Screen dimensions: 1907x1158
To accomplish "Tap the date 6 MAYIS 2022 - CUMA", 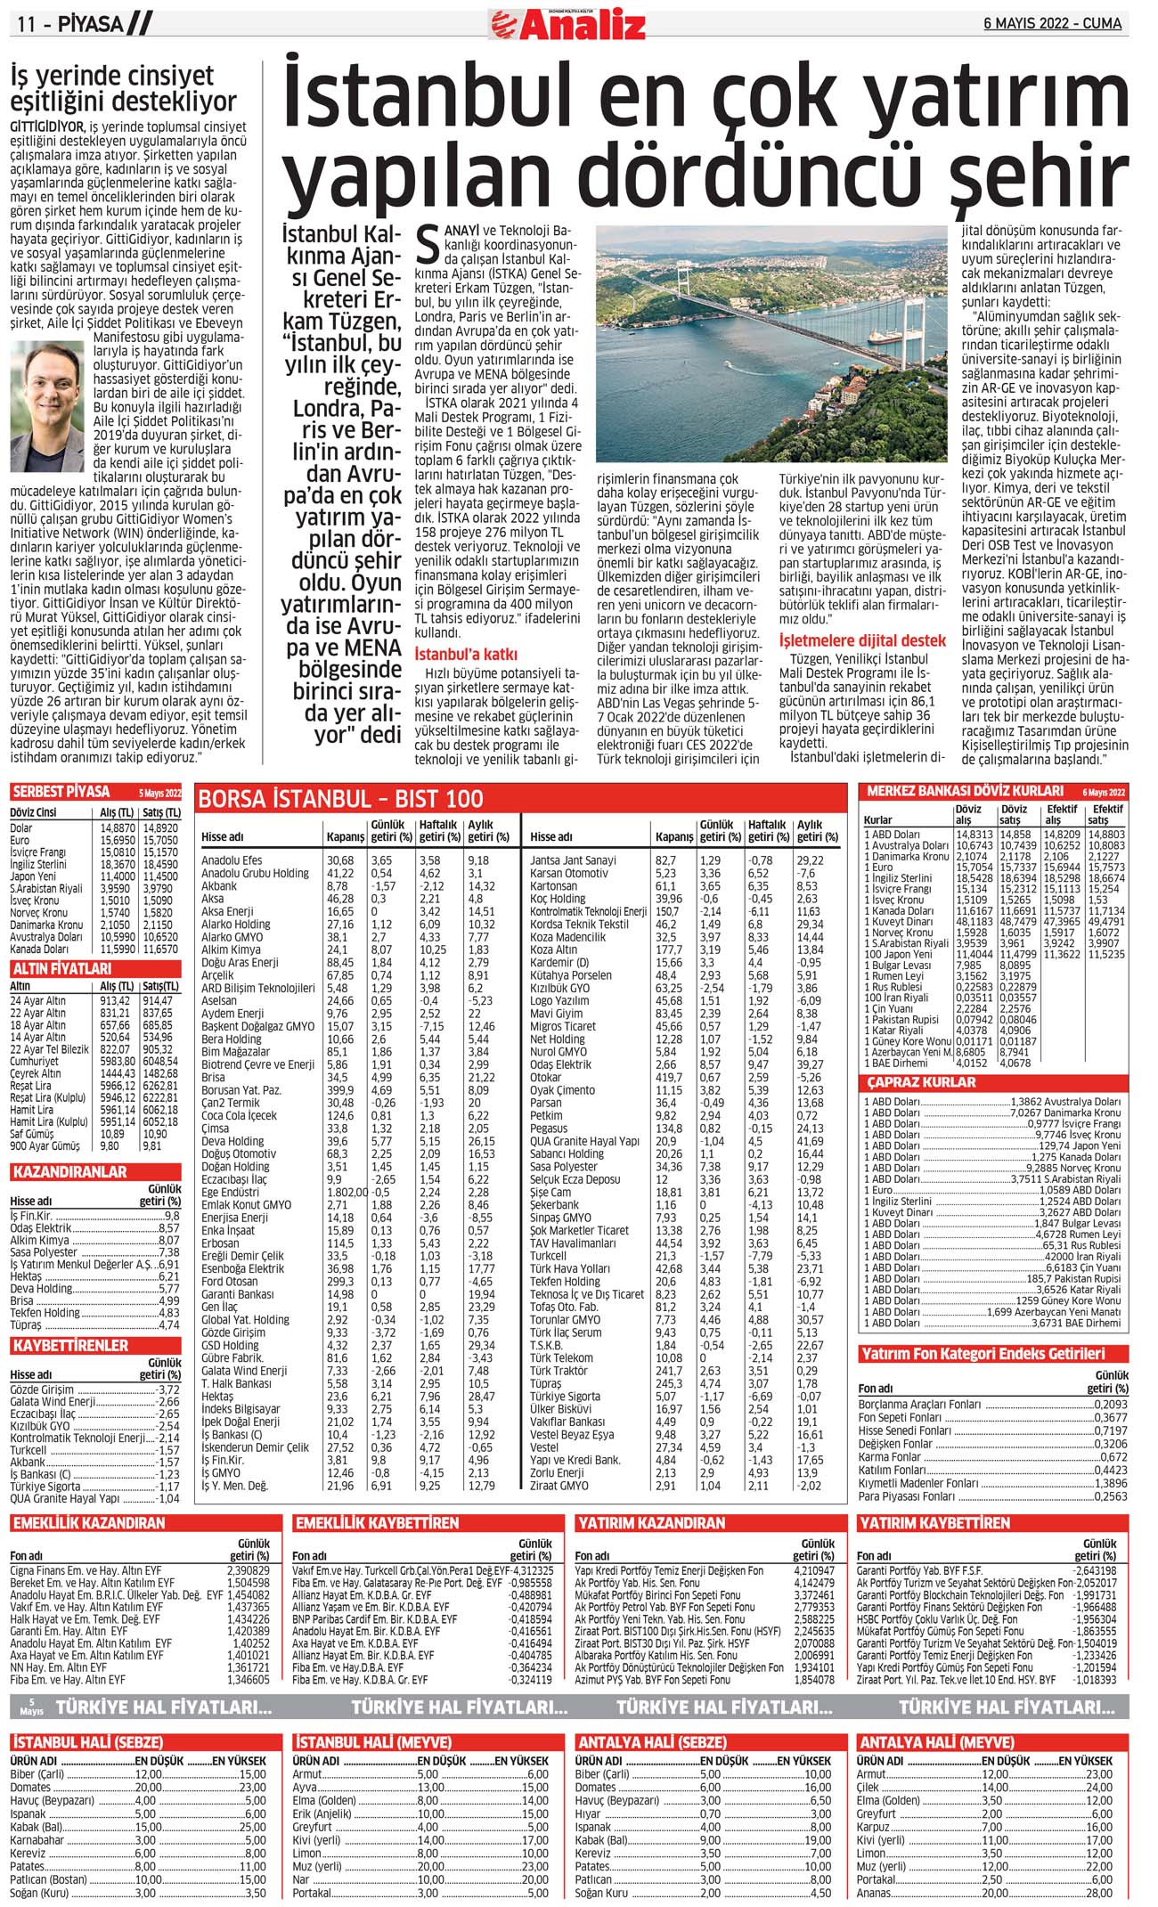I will click(x=1052, y=23).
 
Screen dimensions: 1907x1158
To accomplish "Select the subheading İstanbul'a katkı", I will click(x=466, y=654).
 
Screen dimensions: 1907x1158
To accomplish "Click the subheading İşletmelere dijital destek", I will click(x=862, y=640).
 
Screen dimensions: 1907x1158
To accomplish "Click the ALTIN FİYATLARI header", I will click(x=61, y=968).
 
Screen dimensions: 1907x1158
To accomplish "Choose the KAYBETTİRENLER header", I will click(x=70, y=1345).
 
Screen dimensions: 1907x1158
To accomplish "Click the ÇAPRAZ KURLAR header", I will click(x=921, y=1082).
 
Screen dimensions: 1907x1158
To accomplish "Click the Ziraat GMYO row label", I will click(x=559, y=1486).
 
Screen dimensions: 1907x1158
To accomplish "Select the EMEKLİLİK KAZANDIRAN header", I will click(x=89, y=1523).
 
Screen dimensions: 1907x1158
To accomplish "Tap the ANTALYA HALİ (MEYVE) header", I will click(x=935, y=1742).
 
